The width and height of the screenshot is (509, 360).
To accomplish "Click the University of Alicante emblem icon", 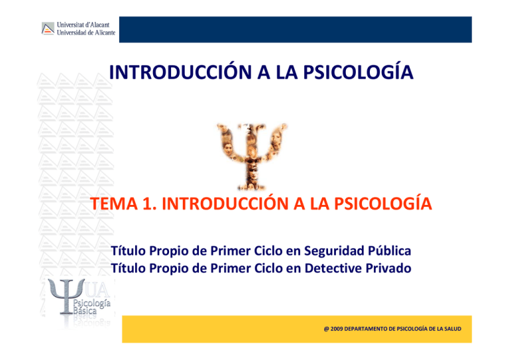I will pyautogui.click(x=48, y=29).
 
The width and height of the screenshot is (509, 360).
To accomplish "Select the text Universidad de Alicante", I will pyautogui.click(x=86, y=32).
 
